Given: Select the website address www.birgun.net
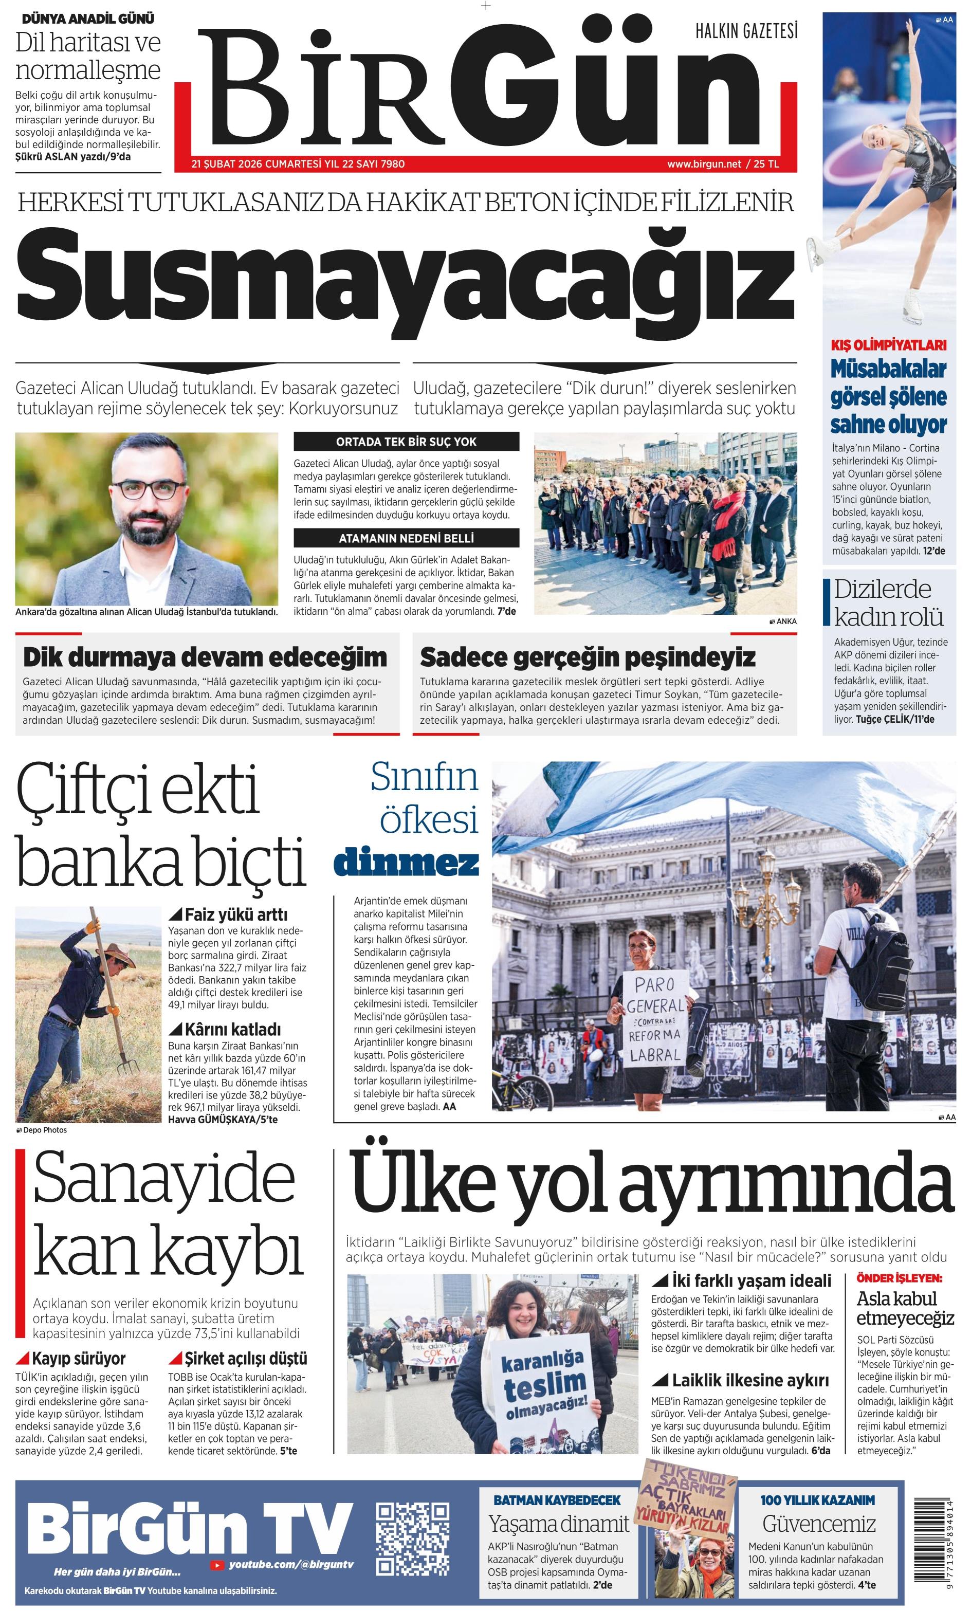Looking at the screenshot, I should click(704, 164).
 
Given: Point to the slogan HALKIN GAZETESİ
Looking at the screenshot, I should click(746, 31).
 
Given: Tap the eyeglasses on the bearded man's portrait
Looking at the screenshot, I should click(149, 490).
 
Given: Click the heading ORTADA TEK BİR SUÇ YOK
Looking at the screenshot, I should click(406, 442).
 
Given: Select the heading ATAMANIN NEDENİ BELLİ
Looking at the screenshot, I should click(406, 538).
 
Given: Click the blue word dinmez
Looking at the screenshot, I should click(406, 863).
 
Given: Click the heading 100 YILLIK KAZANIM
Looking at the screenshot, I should click(817, 1500).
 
